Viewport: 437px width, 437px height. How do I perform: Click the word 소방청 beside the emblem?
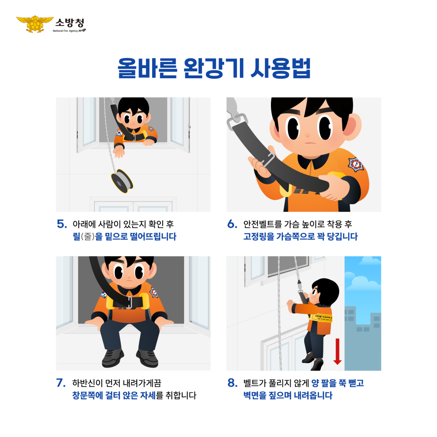tap(69, 22)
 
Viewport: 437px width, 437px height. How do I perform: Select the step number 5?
tap(62, 224)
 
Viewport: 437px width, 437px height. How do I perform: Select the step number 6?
tap(232, 224)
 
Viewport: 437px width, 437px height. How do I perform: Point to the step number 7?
tap(62, 383)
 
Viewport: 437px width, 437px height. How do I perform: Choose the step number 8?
tap(232, 383)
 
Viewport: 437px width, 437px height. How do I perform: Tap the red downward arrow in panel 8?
tap(337, 350)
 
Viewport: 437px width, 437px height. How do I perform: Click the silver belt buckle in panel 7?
tap(130, 302)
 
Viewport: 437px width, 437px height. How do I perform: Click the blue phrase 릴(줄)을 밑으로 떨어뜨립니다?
tap(124, 237)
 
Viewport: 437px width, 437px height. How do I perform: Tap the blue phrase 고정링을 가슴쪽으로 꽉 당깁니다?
tap(300, 237)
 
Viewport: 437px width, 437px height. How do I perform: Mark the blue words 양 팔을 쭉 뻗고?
tap(337, 383)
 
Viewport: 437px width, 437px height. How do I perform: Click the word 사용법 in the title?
tap(280, 69)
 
